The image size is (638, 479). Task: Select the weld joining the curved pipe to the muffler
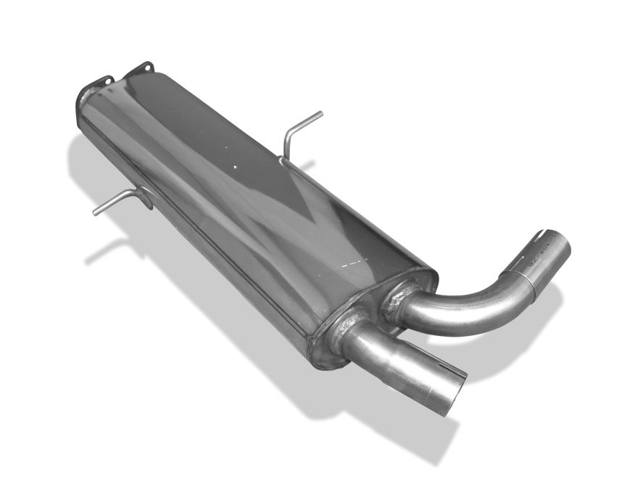395,300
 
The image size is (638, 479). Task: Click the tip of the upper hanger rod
320,113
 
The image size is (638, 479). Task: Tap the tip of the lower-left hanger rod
95,213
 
